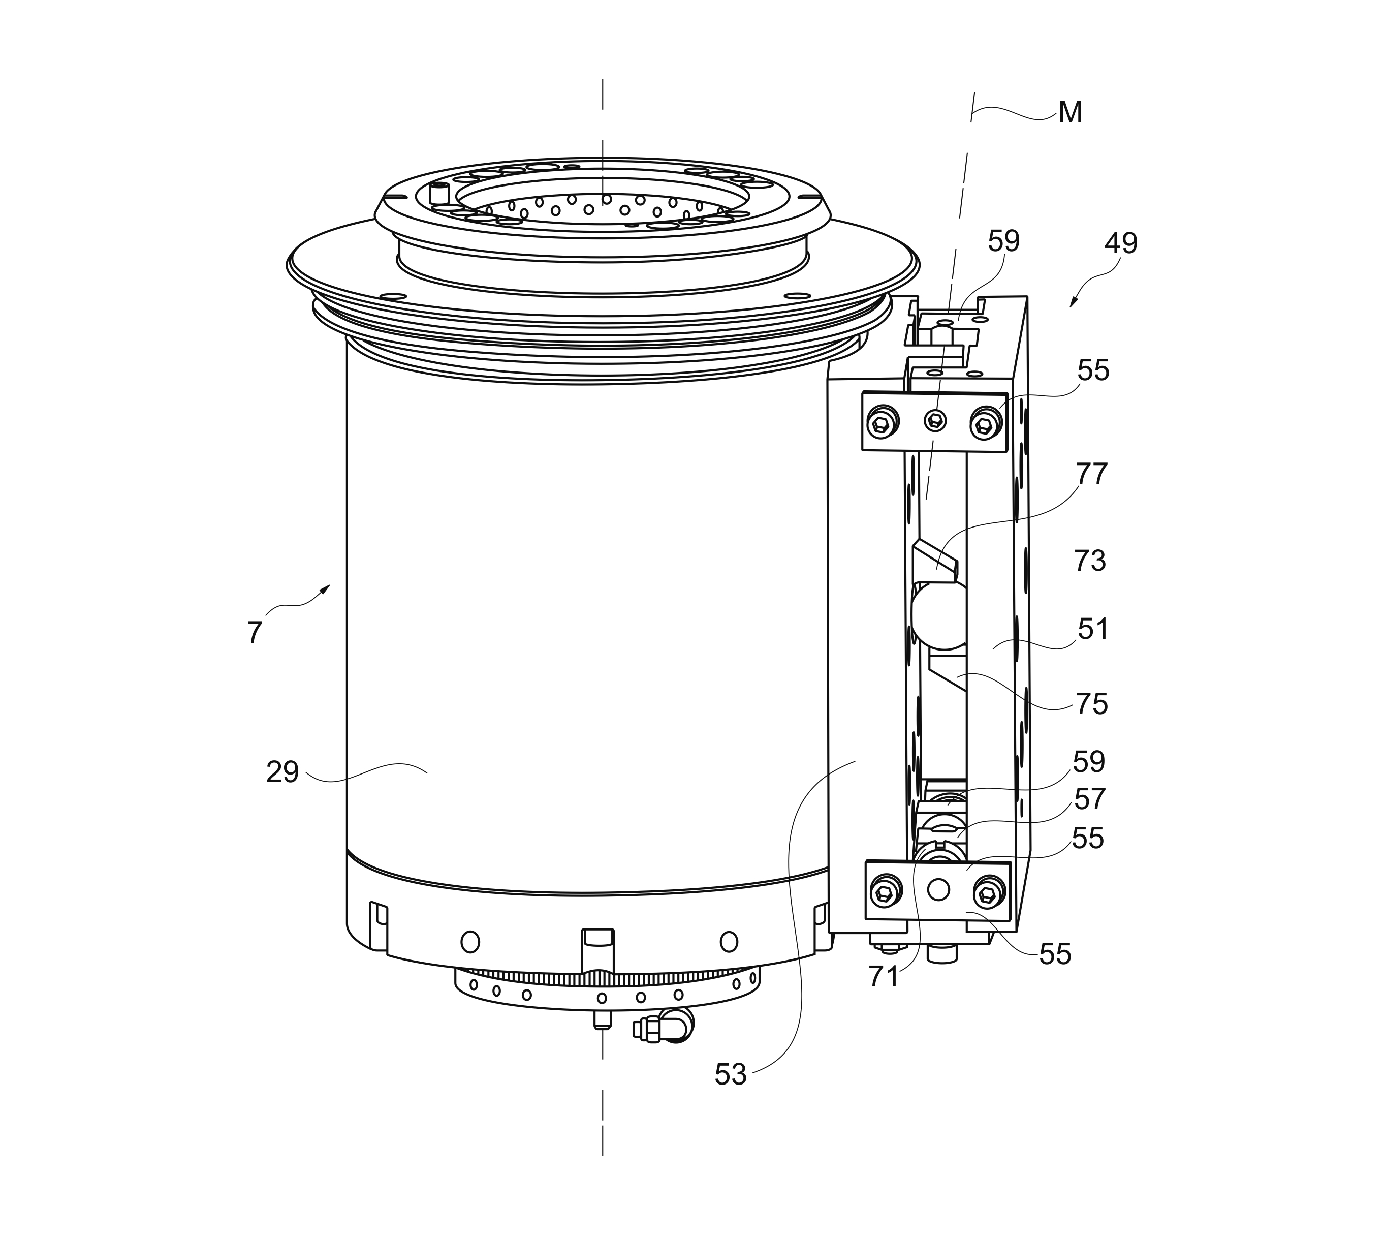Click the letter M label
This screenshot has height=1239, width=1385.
click(x=1071, y=112)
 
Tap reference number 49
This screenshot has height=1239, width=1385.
click(x=1120, y=243)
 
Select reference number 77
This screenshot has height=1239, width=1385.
click(x=1092, y=474)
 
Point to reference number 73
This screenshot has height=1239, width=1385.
click(x=1090, y=561)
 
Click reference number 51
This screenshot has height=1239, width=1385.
click(x=1093, y=629)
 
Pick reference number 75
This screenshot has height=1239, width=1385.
click(x=1092, y=704)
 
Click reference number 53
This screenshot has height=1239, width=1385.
click(x=730, y=1094)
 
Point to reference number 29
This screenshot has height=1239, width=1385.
click(x=282, y=772)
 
